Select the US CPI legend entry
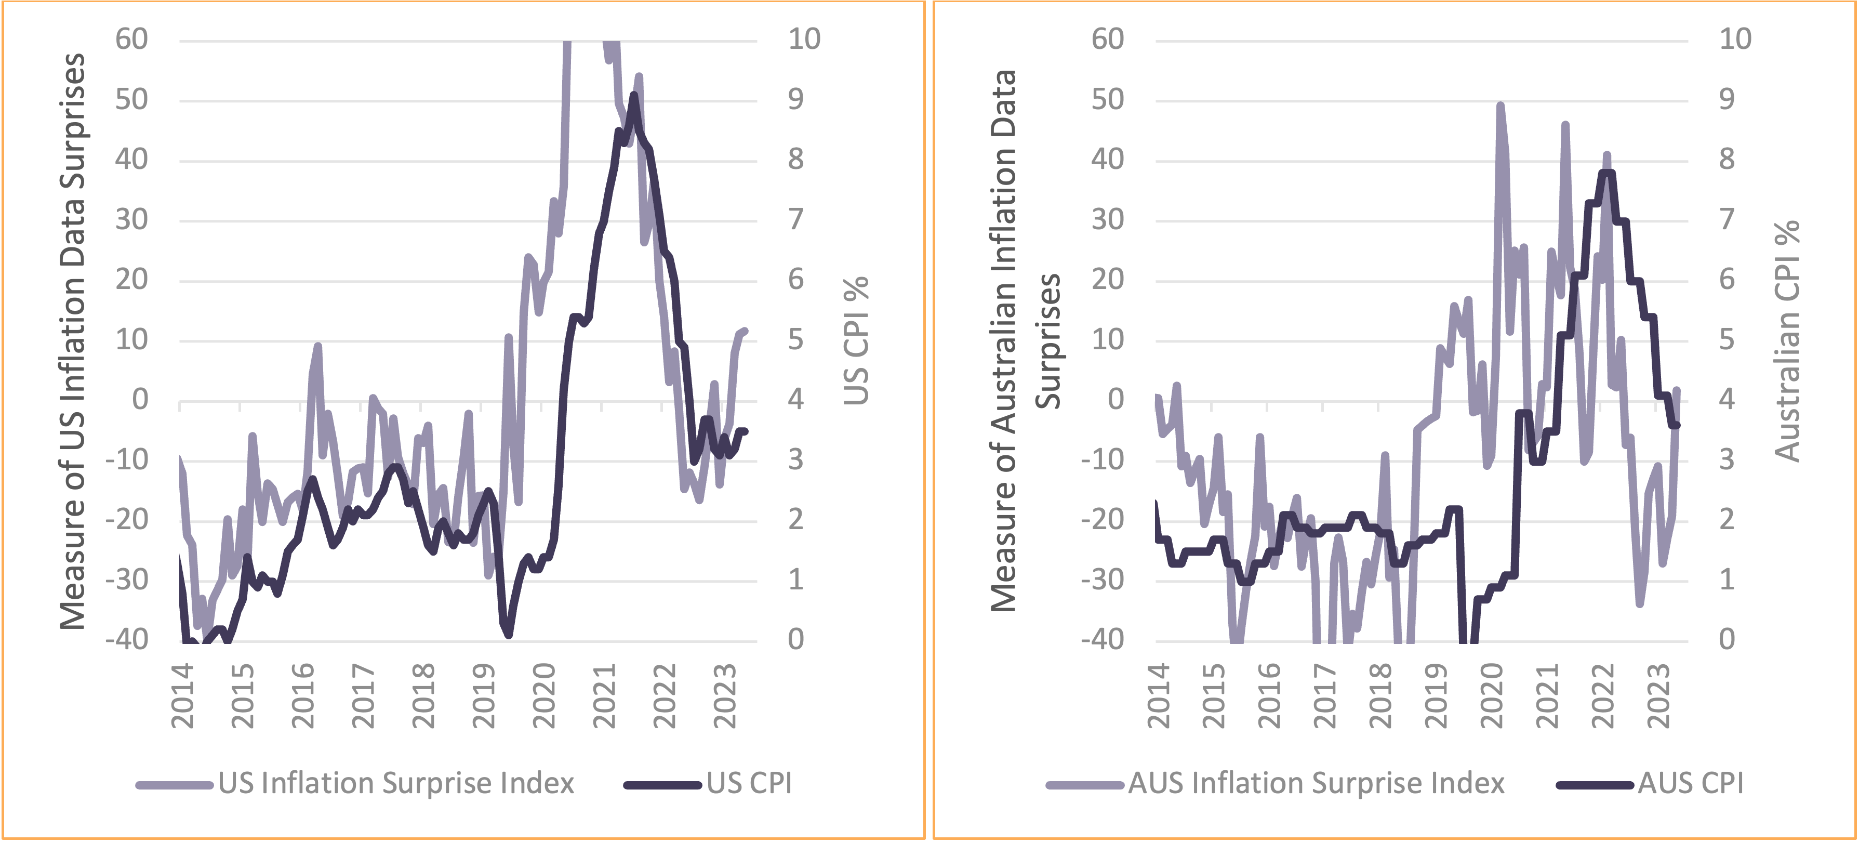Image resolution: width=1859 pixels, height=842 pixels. point(748,783)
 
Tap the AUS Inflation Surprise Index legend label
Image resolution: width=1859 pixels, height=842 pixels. point(1316,783)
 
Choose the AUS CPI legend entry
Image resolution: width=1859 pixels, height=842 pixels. point(1690,783)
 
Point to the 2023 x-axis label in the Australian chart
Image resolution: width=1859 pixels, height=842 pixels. point(1657,696)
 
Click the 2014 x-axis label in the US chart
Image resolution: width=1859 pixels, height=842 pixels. point(182,696)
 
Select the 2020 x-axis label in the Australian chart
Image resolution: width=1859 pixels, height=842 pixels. point(1491,696)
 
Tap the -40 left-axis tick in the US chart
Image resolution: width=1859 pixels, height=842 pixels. point(127,640)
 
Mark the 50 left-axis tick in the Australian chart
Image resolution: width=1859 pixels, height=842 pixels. point(1107,100)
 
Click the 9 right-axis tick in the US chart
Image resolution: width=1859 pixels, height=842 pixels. point(795,100)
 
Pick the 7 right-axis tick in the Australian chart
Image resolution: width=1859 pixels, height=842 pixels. point(1726,219)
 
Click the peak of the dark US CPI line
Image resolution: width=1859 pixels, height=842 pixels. point(634,95)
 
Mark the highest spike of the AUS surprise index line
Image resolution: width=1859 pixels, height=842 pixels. point(1501,106)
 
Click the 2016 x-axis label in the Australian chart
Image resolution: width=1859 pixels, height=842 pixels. point(1269,696)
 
